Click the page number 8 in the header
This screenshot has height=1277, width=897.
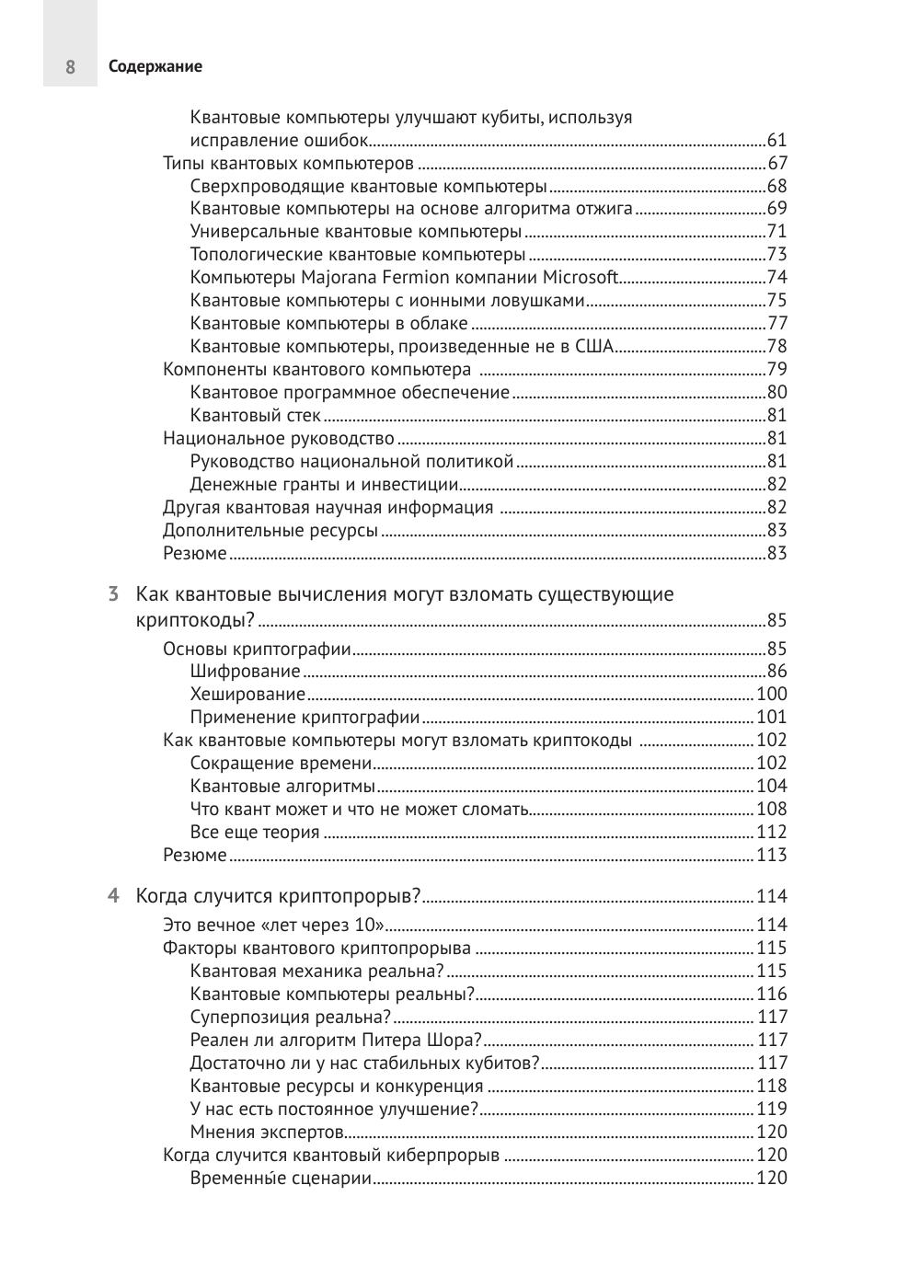[70, 67]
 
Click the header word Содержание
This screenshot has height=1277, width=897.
[155, 67]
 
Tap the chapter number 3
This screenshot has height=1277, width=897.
[113, 594]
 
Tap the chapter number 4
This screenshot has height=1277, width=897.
[113, 896]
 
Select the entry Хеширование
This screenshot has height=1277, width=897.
[247, 695]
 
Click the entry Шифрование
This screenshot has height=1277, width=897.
[245, 672]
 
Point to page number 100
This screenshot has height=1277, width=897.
[771, 695]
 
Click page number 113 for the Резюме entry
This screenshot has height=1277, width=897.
[771, 856]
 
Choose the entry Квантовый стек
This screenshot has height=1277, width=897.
[255, 416]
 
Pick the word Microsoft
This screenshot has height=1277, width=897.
[580, 278]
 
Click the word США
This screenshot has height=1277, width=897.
[594, 347]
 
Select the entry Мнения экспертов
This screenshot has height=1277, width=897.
[267, 1133]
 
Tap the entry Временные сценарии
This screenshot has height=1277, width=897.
[281, 1179]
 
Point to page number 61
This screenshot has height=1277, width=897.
[776, 141]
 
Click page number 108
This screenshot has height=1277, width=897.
[771, 810]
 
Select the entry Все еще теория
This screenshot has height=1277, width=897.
[255, 833]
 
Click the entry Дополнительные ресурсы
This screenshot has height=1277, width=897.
[270, 531]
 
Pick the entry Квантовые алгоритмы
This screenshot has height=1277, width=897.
[282, 787]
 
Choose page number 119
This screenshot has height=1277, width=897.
[771, 1110]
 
